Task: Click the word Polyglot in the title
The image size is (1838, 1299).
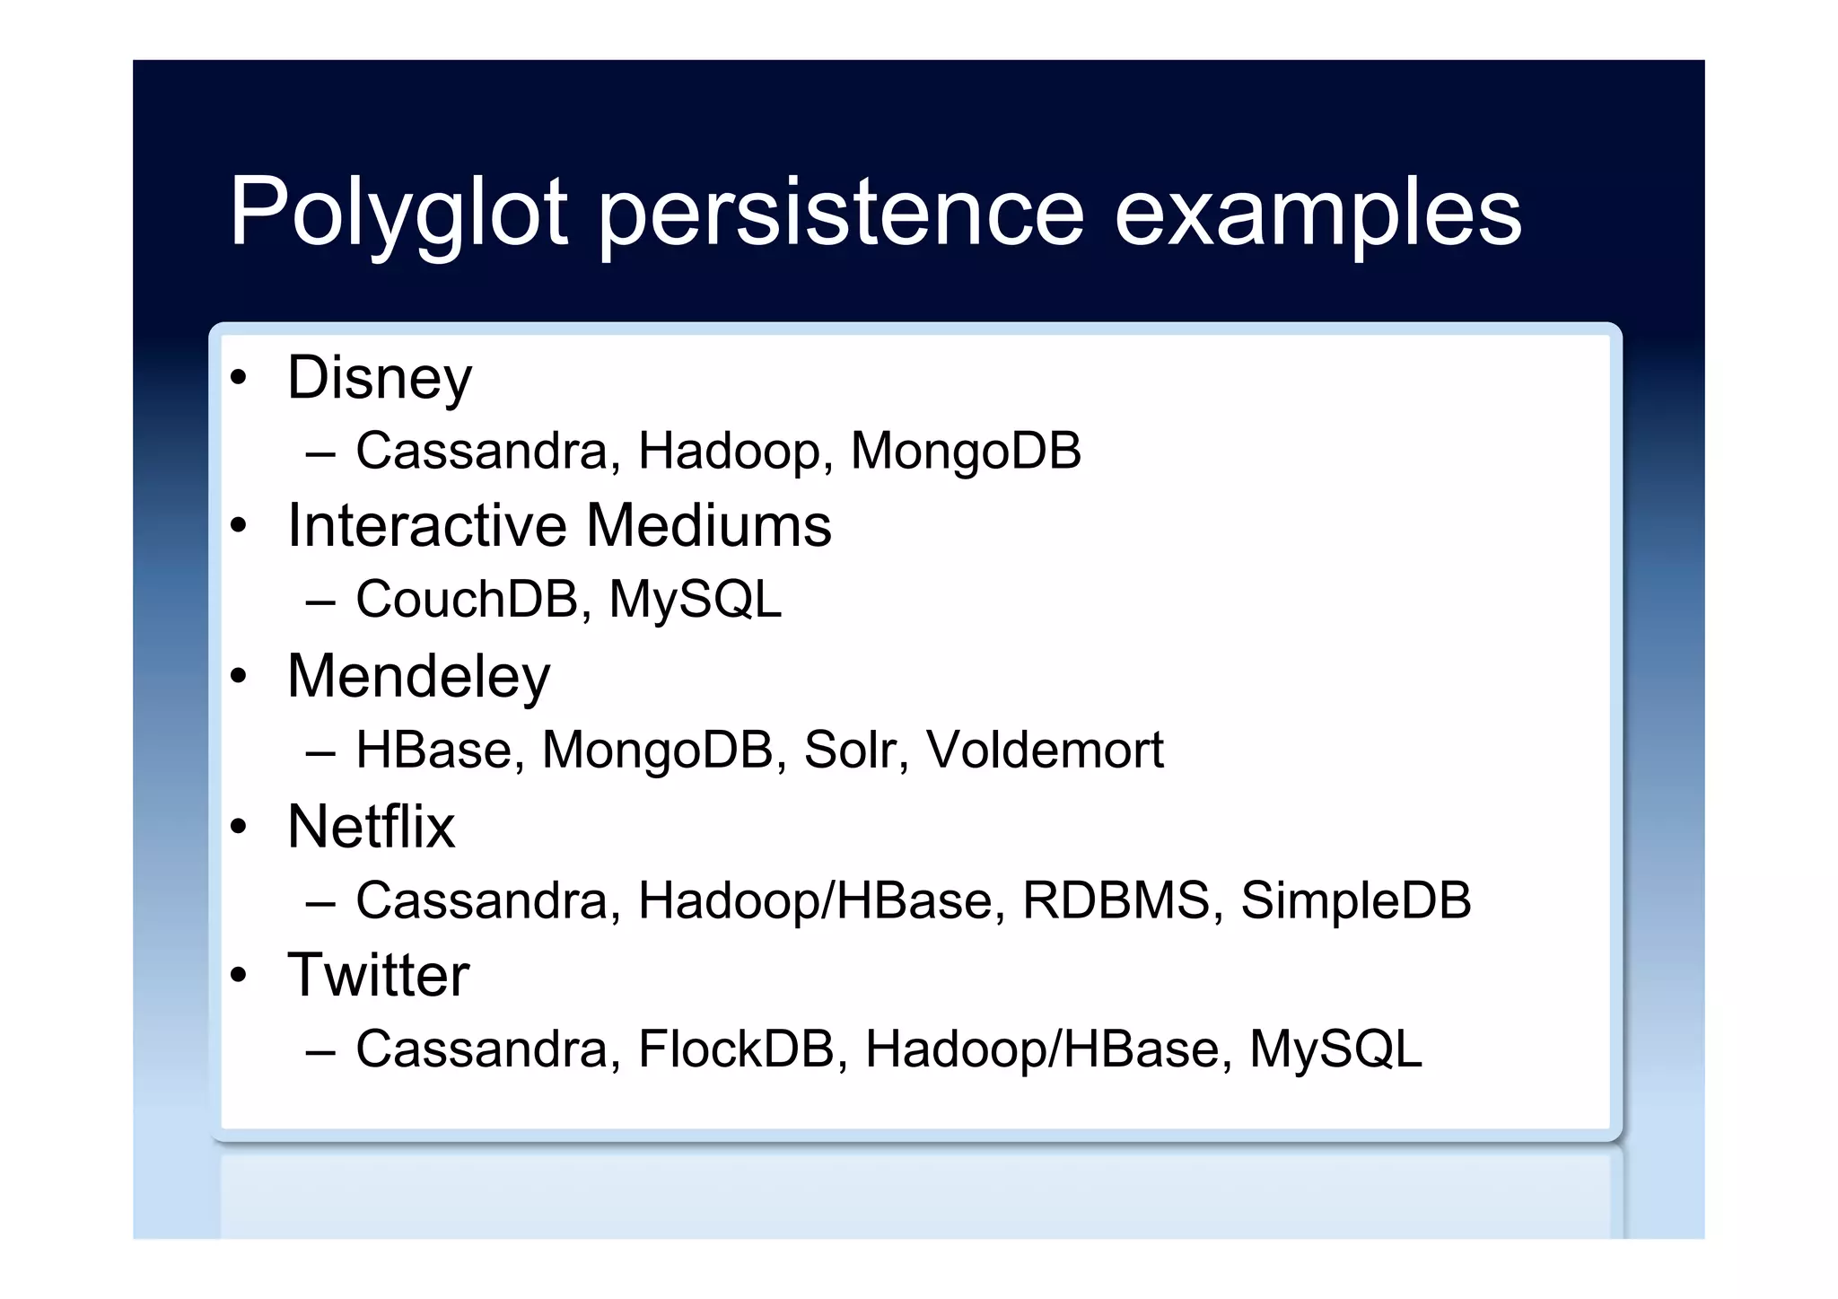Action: [x=398, y=213]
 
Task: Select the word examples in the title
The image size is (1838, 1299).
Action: [x=1317, y=213]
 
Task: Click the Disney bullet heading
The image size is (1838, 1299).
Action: [x=379, y=378]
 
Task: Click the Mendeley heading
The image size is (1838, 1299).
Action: [x=418, y=676]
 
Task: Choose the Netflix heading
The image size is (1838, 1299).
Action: [x=371, y=826]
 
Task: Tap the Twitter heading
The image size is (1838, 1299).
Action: [x=378, y=975]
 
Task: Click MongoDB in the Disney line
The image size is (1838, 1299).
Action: [x=966, y=451]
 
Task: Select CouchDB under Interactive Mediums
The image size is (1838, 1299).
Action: [x=467, y=600]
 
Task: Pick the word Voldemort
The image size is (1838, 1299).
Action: [x=1045, y=750]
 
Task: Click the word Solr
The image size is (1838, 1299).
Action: [x=850, y=750]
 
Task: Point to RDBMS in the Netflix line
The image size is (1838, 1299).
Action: [x=1116, y=900]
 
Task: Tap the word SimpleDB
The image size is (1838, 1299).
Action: [x=1356, y=900]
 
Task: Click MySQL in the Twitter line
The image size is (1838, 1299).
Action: [x=1335, y=1049]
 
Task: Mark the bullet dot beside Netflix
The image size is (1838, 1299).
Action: [x=238, y=826]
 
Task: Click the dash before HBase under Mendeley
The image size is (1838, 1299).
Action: [x=320, y=751]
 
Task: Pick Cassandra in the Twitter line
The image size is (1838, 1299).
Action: [x=482, y=1049]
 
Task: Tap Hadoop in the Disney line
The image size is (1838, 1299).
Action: [x=729, y=451]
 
